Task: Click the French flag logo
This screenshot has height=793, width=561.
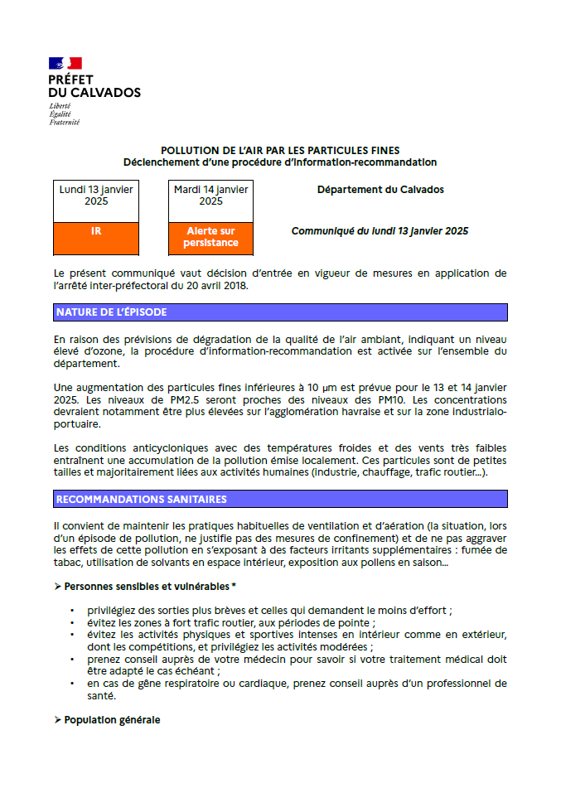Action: (65, 63)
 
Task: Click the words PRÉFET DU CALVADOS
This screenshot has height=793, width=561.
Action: (94, 86)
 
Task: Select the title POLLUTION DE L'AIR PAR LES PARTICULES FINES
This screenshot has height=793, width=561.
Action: (280, 150)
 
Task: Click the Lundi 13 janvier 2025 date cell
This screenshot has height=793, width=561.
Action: (96, 196)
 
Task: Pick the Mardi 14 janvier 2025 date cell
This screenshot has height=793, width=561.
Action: (210, 196)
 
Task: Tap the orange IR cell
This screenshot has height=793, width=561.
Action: (96, 232)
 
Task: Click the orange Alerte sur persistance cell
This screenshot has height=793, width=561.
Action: (210, 237)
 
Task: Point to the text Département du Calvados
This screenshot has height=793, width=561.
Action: (380, 190)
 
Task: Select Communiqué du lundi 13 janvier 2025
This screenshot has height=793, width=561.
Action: (380, 231)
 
